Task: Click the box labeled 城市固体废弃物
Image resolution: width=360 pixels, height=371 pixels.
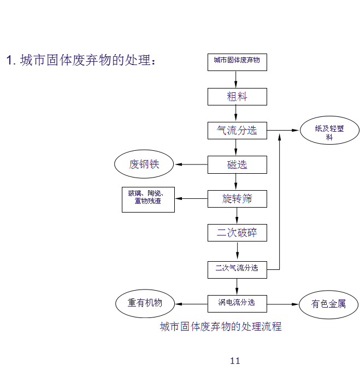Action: [x=237, y=62]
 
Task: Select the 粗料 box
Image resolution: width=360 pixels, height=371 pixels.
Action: [x=237, y=97]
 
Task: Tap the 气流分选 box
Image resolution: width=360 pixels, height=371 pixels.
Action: [x=237, y=131]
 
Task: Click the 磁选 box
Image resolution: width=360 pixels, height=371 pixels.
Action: [x=237, y=164]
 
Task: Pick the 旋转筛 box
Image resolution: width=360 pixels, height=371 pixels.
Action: [x=237, y=199]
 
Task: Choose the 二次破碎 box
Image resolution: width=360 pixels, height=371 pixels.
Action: [x=237, y=233]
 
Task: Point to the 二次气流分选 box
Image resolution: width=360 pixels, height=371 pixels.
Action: [x=237, y=269]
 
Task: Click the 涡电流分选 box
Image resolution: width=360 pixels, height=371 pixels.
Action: [x=237, y=303]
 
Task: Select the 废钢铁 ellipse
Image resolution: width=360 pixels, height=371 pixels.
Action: [x=144, y=164]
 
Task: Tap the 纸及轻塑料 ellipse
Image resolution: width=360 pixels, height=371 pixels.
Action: [x=329, y=132]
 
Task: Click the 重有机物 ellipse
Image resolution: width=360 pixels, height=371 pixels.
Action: [x=145, y=303]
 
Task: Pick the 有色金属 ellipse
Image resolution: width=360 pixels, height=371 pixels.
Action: [x=328, y=304]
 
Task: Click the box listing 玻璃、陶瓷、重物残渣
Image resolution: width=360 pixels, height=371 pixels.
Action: [x=148, y=199]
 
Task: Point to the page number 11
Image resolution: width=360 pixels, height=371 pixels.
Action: [x=235, y=361]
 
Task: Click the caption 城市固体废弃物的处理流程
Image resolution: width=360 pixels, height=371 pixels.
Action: [x=221, y=327]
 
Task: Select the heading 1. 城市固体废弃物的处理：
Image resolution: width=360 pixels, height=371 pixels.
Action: [x=81, y=60]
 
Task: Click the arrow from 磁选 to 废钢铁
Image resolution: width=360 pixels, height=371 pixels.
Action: [x=191, y=164]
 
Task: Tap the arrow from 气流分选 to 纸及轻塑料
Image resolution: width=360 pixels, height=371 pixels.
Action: [x=284, y=131]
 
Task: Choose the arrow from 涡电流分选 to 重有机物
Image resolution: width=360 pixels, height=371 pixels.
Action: [x=191, y=304]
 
